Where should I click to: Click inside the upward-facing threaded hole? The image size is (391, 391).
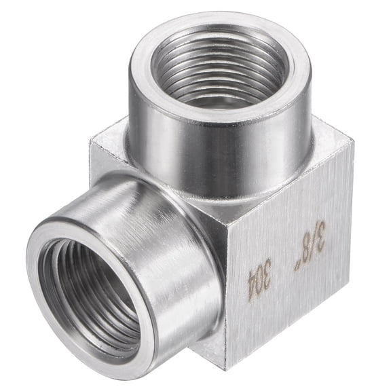[219, 68]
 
